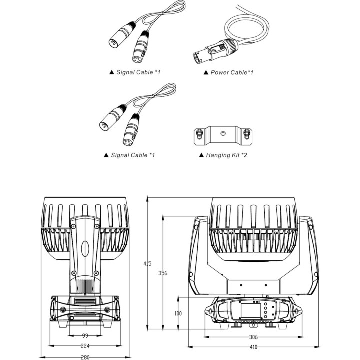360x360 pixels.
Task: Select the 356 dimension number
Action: (x=162, y=273)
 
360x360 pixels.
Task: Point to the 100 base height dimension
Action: (x=177, y=313)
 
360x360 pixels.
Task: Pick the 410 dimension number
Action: (x=253, y=347)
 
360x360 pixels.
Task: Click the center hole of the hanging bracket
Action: (x=222, y=134)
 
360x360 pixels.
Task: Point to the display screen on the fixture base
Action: (x=249, y=313)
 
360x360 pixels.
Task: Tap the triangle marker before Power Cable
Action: (x=206, y=73)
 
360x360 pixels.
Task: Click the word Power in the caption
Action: (x=219, y=73)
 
